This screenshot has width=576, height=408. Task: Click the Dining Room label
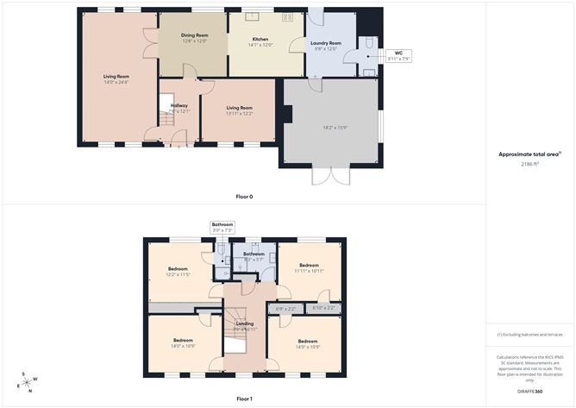(194, 35)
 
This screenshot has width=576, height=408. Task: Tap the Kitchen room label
(260, 39)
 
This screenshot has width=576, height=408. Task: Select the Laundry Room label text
(326, 42)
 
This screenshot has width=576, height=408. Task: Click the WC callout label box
(398, 56)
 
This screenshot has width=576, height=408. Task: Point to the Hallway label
(178, 105)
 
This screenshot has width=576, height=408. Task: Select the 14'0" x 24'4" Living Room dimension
(116, 82)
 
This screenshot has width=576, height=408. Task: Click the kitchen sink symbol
(254, 16)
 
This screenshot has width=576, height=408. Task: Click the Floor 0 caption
(244, 197)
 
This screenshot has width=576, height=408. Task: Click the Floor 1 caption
(244, 399)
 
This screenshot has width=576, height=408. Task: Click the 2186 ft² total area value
(530, 163)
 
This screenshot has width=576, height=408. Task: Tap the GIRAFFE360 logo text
(530, 392)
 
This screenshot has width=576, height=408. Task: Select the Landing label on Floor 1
(245, 323)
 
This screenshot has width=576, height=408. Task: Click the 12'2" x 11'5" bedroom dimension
(179, 274)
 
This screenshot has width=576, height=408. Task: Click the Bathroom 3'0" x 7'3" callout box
(222, 228)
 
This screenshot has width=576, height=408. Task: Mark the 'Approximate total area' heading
(529, 154)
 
